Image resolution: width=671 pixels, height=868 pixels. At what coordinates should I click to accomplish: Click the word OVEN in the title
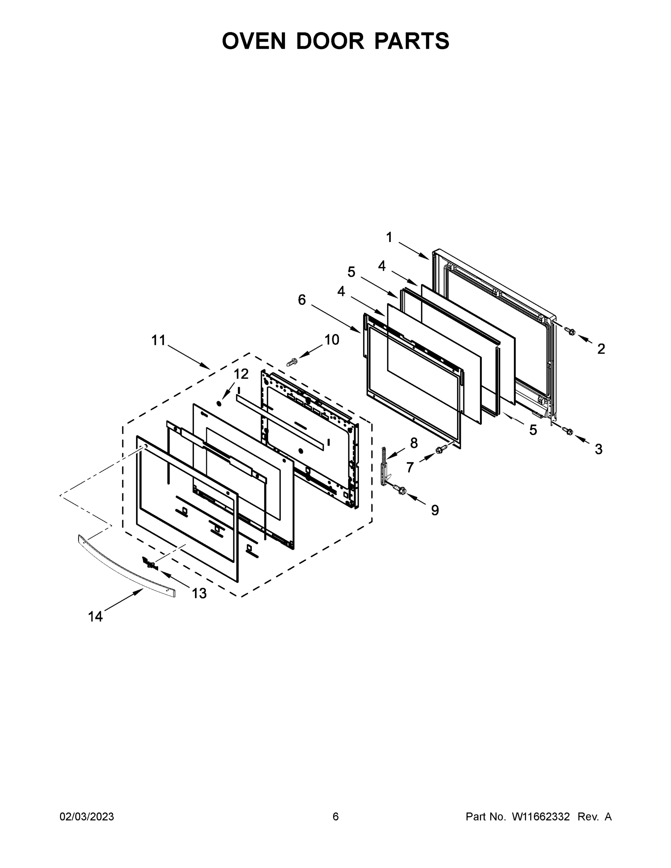(x=254, y=41)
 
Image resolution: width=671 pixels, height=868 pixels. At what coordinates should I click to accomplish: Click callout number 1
(x=389, y=237)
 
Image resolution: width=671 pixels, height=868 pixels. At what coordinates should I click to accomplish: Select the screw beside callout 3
(x=567, y=430)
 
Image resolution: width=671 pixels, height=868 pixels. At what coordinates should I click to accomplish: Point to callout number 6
(x=302, y=300)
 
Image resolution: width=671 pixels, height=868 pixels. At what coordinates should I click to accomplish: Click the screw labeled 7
(x=441, y=449)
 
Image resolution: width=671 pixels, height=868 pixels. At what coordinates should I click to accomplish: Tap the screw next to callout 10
(x=292, y=362)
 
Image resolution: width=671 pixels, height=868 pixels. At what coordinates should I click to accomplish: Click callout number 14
(x=95, y=616)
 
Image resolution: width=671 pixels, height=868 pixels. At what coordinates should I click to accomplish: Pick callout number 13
(x=199, y=593)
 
